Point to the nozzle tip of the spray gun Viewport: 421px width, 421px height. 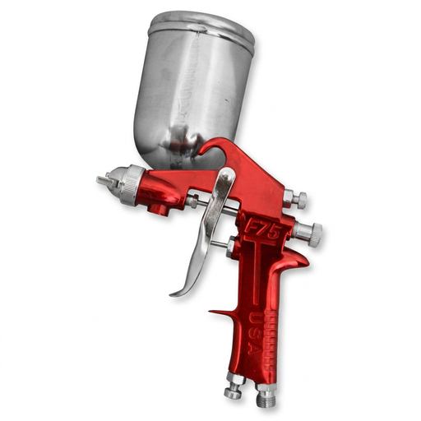101,179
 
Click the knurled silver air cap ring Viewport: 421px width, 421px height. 127,186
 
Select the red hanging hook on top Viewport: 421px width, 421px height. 212,149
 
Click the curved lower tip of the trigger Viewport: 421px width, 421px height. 177,292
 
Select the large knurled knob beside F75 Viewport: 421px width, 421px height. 308,234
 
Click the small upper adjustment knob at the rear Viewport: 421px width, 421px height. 296,199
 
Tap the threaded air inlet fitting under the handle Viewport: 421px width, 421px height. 265,396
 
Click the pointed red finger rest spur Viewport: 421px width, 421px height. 216,313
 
